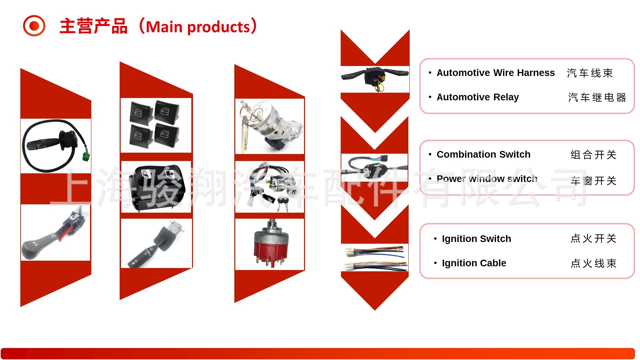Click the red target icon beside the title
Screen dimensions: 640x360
click(34, 26)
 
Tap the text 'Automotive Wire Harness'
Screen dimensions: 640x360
click(495, 73)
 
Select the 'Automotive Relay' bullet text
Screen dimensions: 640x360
click(478, 97)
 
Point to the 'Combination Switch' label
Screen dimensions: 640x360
click(483, 154)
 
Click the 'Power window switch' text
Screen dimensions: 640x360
click(487, 179)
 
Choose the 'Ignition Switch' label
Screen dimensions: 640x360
click(476, 239)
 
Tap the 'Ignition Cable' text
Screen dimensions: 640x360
click(474, 263)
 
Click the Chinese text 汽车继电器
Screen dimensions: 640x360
click(597, 97)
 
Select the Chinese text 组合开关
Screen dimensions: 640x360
click(594, 155)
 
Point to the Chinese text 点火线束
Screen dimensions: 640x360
click(594, 263)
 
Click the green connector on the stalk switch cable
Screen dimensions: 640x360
click(86, 156)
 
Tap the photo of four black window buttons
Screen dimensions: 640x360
click(156, 125)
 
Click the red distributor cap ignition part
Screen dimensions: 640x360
click(271, 243)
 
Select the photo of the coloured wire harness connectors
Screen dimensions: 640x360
click(375, 258)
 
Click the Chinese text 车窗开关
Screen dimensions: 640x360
click(594, 181)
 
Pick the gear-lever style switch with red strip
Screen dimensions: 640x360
click(55, 232)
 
